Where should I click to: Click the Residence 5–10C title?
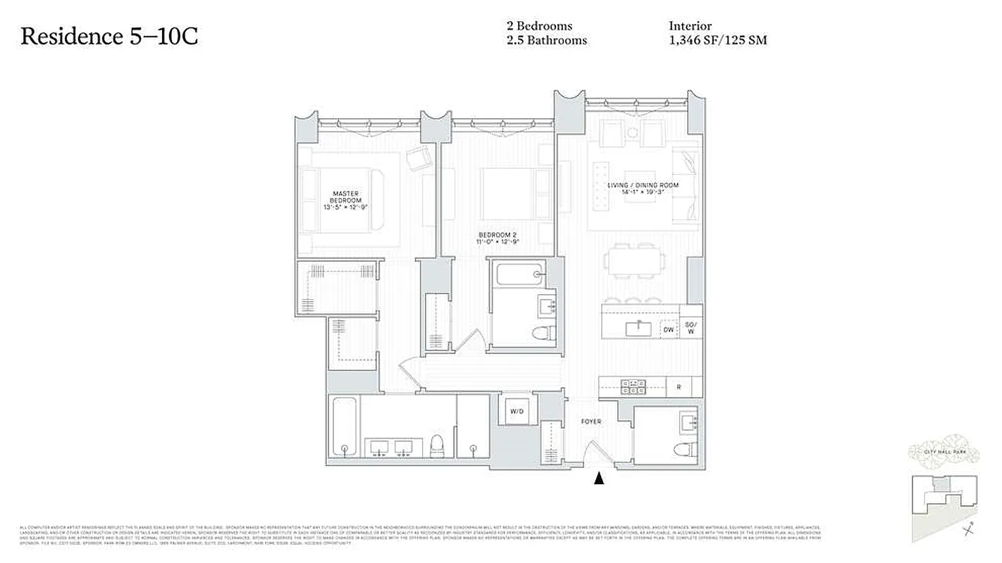(x=109, y=36)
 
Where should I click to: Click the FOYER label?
(x=590, y=422)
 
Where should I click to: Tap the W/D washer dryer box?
(x=517, y=410)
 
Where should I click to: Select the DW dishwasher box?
(x=668, y=329)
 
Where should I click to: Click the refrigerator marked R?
(x=678, y=386)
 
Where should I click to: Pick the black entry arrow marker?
(x=599, y=479)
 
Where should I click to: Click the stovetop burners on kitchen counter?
(x=633, y=386)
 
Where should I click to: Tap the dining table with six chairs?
(x=633, y=262)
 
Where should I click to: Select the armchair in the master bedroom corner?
(x=420, y=158)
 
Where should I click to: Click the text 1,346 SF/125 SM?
(x=717, y=40)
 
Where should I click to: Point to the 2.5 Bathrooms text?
(x=546, y=40)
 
